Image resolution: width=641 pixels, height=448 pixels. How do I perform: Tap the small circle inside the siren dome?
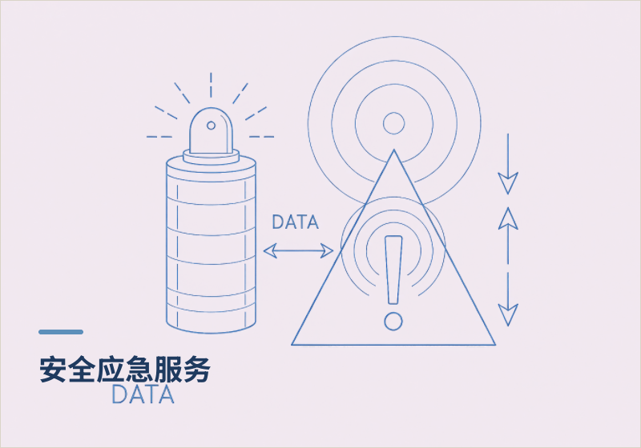(211, 126)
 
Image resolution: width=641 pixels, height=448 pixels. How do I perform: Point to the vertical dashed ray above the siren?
(211, 85)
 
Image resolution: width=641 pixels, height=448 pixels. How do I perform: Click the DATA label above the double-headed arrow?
(295, 222)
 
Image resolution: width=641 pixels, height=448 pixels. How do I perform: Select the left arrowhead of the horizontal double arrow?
(270, 250)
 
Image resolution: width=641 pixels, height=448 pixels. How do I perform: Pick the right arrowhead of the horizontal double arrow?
(327, 250)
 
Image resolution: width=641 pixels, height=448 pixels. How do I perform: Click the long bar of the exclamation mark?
(393, 270)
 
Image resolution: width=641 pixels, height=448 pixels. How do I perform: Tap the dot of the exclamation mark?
(393, 321)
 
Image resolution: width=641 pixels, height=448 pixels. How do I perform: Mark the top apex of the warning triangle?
(393, 150)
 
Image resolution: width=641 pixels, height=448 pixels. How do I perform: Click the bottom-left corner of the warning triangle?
(292, 345)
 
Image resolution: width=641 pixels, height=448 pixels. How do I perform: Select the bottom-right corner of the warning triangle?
(495, 345)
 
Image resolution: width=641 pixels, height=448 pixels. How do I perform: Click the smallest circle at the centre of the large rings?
(393, 123)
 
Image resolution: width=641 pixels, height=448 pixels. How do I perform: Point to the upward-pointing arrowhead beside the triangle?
(508, 218)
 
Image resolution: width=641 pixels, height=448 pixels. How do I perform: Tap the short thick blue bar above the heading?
(61, 332)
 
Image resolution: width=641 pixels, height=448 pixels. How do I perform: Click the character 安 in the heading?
(53, 370)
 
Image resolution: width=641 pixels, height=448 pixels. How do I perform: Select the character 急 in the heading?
(139, 370)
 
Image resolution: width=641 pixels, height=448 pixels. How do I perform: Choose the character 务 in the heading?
(197, 370)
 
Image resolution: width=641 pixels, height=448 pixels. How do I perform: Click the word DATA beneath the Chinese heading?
(143, 394)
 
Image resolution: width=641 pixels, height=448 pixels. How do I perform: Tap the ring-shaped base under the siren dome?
(211, 157)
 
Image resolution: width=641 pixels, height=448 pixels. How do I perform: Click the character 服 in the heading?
(168, 370)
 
